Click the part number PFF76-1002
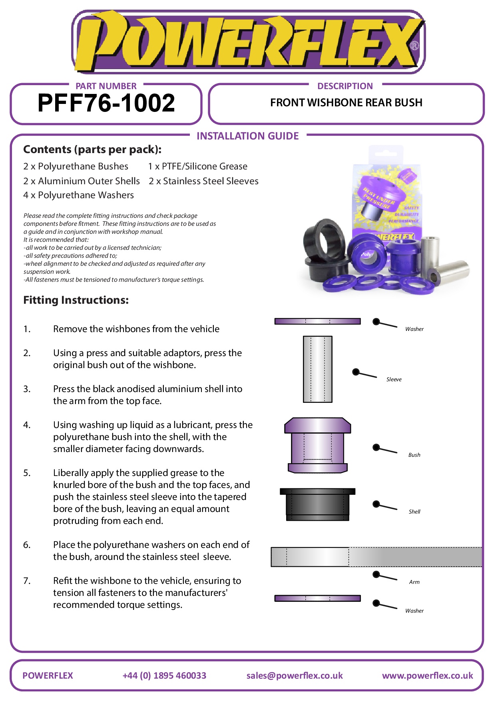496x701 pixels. point(106,103)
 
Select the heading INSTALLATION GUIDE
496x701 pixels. point(247,136)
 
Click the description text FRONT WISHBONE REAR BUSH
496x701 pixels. point(346,103)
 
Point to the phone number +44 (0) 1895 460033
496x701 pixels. point(164,675)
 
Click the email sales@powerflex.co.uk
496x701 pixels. point(295,675)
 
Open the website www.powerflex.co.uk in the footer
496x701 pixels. point(427,675)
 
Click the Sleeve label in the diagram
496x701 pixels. point(394,379)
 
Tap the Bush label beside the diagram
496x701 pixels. point(414,455)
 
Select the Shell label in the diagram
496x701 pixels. point(414,512)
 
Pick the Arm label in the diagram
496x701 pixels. point(414,582)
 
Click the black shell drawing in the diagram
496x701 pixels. point(317,504)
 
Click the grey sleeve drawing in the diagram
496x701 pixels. point(317,369)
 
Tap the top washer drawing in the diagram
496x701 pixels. point(317,321)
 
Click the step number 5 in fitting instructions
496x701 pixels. point(27,473)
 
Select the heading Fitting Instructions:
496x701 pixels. point(76,300)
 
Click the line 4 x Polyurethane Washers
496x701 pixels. point(78,195)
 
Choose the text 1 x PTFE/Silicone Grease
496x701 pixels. point(198,166)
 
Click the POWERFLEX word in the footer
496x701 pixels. point(48,675)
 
